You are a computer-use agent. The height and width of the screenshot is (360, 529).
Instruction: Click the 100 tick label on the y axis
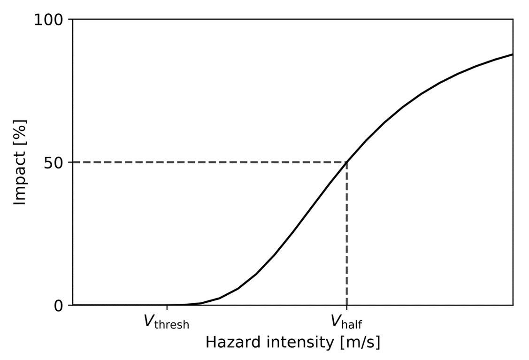pyautogui.click(x=49, y=20)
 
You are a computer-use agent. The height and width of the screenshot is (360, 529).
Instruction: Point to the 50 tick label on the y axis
pyautogui.click(x=55, y=162)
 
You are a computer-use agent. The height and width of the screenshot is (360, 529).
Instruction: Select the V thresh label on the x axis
pyautogui.click(x=167, y=322)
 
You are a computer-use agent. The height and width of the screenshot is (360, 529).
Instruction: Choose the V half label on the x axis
pyautogui.click(x=346, y=322)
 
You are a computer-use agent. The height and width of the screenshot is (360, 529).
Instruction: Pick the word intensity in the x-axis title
pyautogui.click(x=295, y=342)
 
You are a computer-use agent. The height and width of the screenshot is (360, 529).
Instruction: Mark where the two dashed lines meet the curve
pyautogui.click(x=346, y=162)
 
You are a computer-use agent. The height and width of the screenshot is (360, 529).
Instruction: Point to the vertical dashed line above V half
pyautogui.click(x=346, y=235)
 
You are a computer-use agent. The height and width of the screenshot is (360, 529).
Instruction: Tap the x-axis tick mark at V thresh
pyautogui.click(x=167, y=307)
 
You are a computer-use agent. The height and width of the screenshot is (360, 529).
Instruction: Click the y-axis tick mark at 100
pyautogui.click(x=71, y=20)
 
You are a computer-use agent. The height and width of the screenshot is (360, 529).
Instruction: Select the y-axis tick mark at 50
pyautogui.click(x=71, y=162)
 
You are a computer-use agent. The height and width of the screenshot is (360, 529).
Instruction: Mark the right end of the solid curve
pyautogui.click(x=512, y=54)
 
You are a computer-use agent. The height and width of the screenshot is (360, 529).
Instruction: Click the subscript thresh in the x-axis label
pyautogui.click(x=173, y=325)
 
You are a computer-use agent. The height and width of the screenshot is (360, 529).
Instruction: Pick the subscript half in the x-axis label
pyautogui.click(x=352, y=325)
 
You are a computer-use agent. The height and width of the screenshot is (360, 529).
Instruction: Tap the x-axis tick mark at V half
pyautogui.click(x=346, y=307)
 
